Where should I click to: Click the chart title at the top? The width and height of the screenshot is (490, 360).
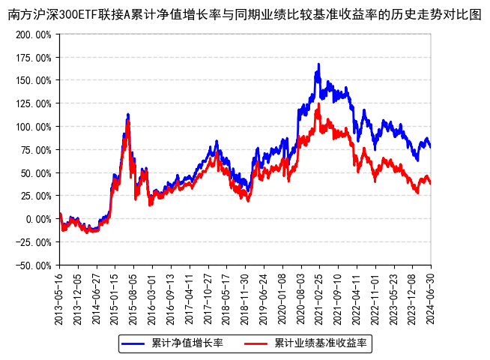point(245,14)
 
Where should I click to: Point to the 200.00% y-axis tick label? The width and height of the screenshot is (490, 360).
point(34,34)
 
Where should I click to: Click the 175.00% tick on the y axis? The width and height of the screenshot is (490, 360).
point(34,58)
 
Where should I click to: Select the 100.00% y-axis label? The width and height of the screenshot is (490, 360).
point(34,127)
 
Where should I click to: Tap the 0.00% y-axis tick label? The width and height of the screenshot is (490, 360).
point(38,219)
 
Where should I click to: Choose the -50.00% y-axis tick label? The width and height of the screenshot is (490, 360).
point(34,265)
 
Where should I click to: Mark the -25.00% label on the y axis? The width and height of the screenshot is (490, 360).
point(34,242)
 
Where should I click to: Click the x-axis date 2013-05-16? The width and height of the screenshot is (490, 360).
point(60,297)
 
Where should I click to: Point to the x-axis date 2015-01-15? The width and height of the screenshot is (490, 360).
point(115,297)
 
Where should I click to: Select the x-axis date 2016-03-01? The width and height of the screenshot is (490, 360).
point(152,297)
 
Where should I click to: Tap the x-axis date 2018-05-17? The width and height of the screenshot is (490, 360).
point(226,297)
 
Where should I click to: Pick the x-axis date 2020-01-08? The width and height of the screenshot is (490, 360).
point(282,297)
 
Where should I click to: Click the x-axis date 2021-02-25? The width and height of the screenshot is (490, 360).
point(319,297)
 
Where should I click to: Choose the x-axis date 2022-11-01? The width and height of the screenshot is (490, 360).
point(375,297)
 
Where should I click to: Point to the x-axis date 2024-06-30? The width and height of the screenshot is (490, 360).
point(431,297)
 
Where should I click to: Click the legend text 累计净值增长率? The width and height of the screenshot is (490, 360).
point(187,343)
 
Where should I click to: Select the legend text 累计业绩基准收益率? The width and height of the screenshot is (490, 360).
point(320,343)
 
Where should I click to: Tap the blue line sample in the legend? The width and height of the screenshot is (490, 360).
point(134,343)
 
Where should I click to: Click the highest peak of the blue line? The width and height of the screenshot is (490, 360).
point(318,64)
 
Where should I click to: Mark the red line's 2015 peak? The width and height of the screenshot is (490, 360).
point(128,121)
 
